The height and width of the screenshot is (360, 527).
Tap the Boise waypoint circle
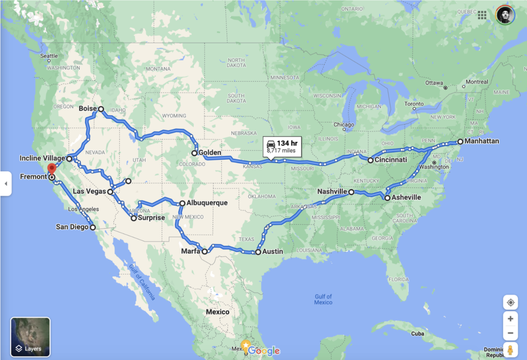(x=101, y=109)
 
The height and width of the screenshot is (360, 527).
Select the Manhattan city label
(x=482, y=141)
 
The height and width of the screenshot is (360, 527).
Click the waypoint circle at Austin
(x=258, y=252)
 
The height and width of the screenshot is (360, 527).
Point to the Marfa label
(x=191, y=251)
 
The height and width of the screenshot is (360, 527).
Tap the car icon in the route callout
(x=271, y=144)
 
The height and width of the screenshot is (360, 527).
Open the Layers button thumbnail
(x=30, y=337)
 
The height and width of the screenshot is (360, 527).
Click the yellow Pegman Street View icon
(x=510, y=349)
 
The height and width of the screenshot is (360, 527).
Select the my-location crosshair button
(x=510, y=302)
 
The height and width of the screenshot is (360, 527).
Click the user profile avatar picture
(x=505, y=15)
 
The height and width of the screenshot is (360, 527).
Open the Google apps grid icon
(x=482, y=15)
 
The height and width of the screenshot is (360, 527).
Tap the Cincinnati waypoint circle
(x=371, y=160)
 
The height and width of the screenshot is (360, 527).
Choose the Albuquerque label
(x=207, y=203)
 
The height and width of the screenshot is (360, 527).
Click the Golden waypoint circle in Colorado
(x=195, y=153)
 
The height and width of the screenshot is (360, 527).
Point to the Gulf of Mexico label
(x=323, y=299)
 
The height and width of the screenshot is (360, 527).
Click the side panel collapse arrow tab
(x=6, y=184)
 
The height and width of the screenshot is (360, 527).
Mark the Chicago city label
(x=344, y=124)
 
